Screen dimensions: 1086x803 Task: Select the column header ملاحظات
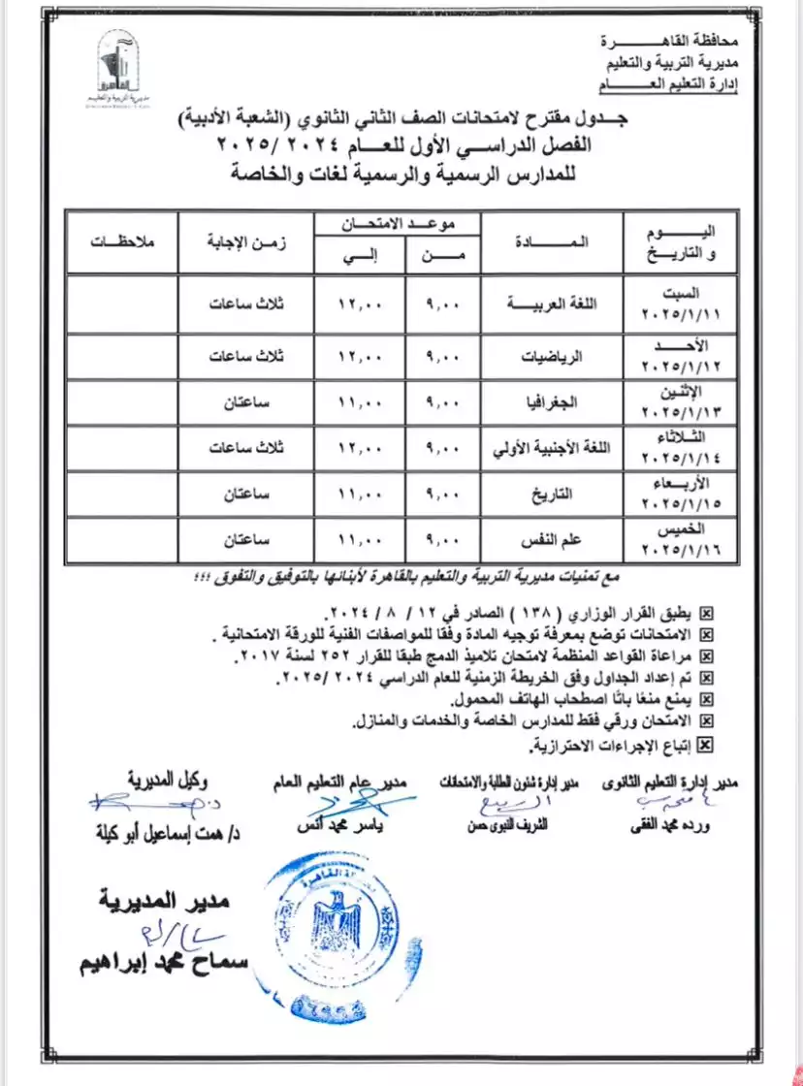[121, 240]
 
